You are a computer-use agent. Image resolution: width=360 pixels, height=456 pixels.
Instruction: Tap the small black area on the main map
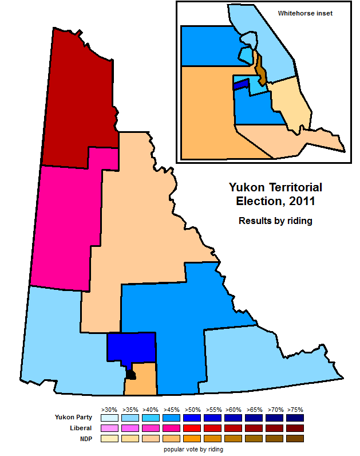(x=131, y=375)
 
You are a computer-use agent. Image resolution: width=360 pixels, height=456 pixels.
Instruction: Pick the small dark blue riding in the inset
(x=241, y=84)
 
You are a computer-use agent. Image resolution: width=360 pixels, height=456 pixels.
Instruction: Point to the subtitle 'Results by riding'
(x=275, y=221)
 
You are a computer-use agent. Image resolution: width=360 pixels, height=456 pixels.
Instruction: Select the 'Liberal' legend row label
(x=80, y=428)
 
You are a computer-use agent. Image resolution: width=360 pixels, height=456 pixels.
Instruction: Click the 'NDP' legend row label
(x=84, y=438)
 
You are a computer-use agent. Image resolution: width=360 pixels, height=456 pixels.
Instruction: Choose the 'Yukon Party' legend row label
(x=73, y=417)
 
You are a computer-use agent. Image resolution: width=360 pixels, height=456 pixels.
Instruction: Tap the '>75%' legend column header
(x=295, y=410)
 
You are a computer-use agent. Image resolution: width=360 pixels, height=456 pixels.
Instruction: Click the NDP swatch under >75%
(x=295, y=438)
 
